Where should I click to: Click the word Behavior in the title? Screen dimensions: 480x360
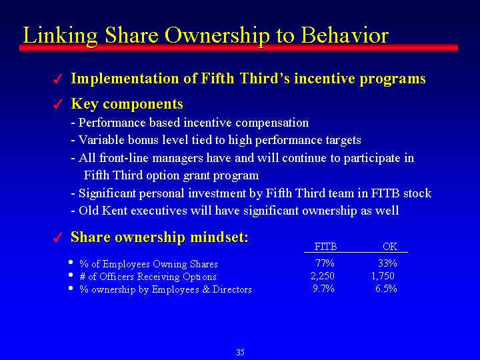pos(345,35)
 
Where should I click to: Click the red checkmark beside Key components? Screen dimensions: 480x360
pos(57,104)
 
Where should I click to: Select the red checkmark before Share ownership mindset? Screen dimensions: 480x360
pos(57,237)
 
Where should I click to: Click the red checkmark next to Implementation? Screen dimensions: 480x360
pos(57,79)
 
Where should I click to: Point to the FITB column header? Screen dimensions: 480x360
pos(325,247)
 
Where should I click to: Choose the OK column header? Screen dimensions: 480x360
pos(390,247)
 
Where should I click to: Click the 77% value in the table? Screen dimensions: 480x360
pos(325,263)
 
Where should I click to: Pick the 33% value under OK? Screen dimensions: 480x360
pos(387,263)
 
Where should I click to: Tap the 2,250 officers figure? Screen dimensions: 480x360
pos(323,276)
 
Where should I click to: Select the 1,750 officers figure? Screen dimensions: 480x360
pos(383,276)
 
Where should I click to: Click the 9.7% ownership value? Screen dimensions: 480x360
pos(323,289)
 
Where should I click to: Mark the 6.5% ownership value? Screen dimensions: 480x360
pos(386,289)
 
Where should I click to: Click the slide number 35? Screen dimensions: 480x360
pos(240,353)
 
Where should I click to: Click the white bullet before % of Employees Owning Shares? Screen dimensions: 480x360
pos(71,263)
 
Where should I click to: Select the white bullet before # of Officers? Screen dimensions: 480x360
pos(71,275)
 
